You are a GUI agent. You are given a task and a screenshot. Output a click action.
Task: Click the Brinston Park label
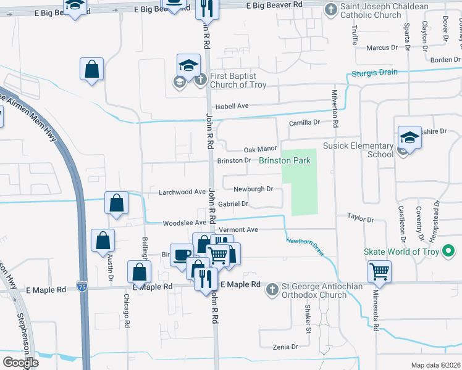click(x=284, y=160)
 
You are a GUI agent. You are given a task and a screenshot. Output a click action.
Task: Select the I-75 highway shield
click(x=83, y=286)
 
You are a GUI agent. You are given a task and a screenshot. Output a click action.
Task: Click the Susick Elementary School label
click(x=358, y=150)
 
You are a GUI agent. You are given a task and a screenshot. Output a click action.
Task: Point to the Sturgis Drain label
click(x=375, y=73)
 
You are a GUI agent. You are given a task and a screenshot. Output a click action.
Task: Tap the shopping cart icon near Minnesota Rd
click(x=379, y=270)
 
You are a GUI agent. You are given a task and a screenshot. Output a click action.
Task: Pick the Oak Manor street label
click(x=260, y=149)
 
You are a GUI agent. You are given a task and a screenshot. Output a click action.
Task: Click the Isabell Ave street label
click(x=232, y=106)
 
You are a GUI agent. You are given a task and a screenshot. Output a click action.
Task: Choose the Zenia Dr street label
click(x=285, y=347)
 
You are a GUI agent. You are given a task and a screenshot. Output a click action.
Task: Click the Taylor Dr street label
click(x=361, y=218)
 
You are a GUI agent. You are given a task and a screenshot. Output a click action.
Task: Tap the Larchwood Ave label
click(x=182, y=192)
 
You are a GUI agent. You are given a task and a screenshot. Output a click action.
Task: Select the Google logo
click(x=21, y=362)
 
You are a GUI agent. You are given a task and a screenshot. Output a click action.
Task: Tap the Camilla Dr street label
click(x=304, y=123)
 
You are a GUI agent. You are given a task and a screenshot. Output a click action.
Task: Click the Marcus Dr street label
click(x=382, y=47)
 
